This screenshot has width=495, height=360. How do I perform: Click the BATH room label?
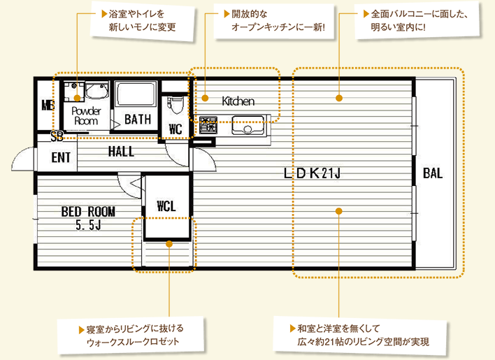(x=138, y=120)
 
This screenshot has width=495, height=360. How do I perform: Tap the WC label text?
(x=175, y=129)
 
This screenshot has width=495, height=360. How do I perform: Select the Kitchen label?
(x=238, y=101)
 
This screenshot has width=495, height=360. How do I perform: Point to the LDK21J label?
(x=312, y=173)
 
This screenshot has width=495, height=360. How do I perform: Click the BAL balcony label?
(x=433, y=173)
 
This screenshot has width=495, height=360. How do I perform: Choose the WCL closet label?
(x=166, y=206)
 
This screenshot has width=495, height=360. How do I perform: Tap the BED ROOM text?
(x=88, y=212)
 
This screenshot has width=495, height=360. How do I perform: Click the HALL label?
(x=121, y=152)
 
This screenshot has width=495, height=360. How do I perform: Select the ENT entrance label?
(x=61, y=157)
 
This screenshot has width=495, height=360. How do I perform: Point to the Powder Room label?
(x=86, y=116)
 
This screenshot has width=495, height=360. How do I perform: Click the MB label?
(x=48, y=105)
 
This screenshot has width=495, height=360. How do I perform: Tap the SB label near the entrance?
(x=57, y=136)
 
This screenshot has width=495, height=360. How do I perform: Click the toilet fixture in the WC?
(x=175, y=105)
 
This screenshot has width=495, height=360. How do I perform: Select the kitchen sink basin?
(x=247, y=125)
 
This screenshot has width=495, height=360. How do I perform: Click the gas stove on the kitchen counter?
(x=208, y=124)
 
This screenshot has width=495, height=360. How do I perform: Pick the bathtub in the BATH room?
(x=136, y=94)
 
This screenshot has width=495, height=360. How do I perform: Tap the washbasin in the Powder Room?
(x=97, y=91)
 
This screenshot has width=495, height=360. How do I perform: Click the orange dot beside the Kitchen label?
(x=205, y=98)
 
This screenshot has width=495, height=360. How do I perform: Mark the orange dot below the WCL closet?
(x=169, y=244)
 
